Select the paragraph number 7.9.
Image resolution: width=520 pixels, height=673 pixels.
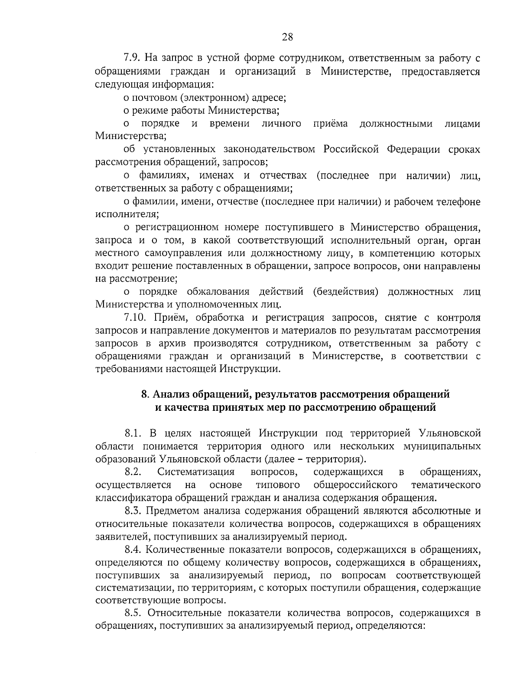click(131, 58)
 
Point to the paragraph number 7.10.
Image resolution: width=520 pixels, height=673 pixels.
click(134, 318)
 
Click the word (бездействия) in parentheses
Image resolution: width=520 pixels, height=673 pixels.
click(345, 291)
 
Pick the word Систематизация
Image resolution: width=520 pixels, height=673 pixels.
click(195, 472)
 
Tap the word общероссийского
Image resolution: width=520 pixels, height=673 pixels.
click(355, 484)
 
